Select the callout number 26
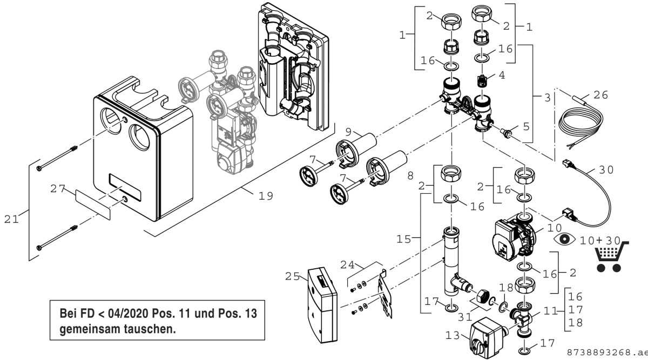tap(600, 95)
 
